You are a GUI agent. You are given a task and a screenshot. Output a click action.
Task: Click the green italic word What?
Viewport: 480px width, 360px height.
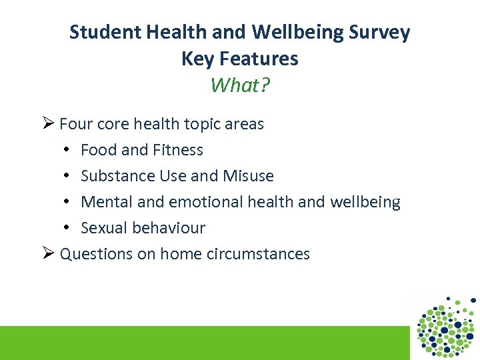click(x=240, y=85)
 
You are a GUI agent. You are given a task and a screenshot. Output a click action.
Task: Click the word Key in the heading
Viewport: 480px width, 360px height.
click(x=196, y=59)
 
